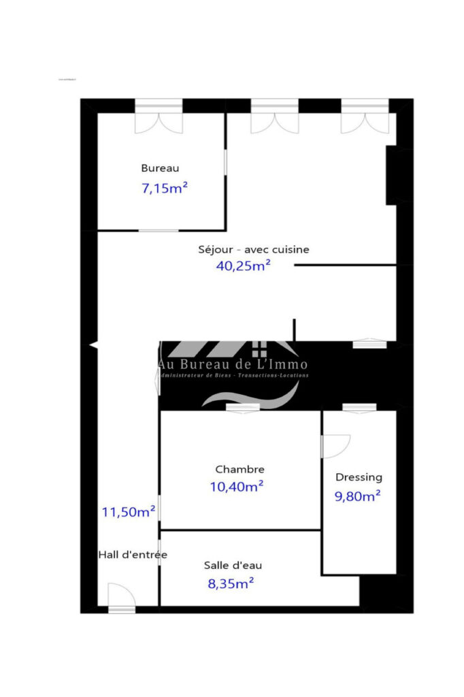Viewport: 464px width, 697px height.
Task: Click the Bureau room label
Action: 160,168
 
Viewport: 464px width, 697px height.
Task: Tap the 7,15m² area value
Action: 164,189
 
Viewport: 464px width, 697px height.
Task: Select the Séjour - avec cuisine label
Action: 253,249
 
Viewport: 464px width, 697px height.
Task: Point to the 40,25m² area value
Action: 243,266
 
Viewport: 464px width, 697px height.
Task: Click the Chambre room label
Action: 239,469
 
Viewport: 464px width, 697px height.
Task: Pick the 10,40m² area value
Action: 237,487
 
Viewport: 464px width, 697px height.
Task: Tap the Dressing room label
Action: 359,477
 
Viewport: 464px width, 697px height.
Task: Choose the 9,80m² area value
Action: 357,496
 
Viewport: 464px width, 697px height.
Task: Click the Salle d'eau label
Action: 233,565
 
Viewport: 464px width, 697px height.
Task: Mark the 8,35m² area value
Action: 231,583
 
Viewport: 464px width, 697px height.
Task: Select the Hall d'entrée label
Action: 133,555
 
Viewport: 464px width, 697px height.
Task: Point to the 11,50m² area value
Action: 129,512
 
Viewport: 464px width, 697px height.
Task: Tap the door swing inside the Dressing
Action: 335,446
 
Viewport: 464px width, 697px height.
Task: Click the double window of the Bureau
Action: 159,117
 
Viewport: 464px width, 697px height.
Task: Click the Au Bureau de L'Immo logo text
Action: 233,365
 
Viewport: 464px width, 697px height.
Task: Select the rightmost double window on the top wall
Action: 365,117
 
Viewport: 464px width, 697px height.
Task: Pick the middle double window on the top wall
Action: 275,117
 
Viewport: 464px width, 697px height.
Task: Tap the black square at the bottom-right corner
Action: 386,594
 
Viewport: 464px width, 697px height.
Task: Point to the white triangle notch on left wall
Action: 93,346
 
